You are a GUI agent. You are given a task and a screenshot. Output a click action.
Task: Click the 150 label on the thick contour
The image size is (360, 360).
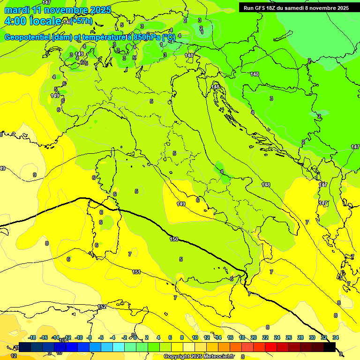[174, 239]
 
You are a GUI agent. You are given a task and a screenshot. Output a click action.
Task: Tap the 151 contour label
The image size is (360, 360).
[136, 272]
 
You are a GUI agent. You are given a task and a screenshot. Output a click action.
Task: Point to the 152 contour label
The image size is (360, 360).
[102, 307]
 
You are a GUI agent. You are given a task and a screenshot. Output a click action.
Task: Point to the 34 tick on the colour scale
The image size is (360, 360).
[336, 337]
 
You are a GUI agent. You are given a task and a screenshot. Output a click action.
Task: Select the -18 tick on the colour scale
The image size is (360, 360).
[32, 337]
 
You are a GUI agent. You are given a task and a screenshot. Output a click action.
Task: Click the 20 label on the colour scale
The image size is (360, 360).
[254, 337]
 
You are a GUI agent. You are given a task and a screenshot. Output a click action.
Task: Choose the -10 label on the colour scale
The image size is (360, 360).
[79, 337]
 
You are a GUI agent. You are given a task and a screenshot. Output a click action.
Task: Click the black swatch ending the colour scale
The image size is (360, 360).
[330, 347]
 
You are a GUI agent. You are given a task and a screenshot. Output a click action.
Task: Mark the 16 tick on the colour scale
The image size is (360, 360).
[230, 337]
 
